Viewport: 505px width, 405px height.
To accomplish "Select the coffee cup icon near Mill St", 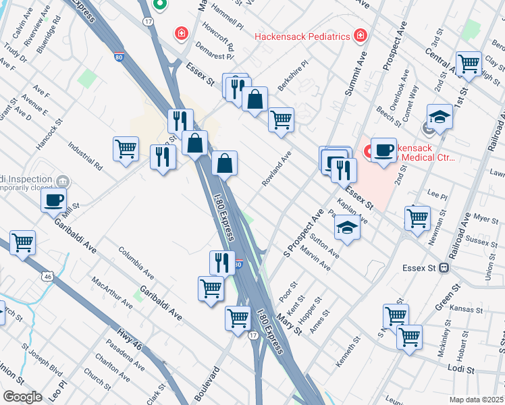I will pos(54,200).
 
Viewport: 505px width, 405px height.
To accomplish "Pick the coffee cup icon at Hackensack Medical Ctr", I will pos(383,150).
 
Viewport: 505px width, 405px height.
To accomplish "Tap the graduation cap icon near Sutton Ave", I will pos(347,227).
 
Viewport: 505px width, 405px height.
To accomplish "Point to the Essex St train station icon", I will pos(444,267).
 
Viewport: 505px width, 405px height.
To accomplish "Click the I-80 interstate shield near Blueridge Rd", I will pos(119,59).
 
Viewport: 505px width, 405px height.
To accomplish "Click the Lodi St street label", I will pos(462,368).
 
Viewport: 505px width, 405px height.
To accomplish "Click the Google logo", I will pos(22,397).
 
